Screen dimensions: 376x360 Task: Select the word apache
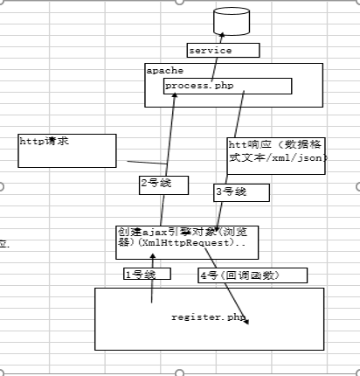pyautogui.click(x=163, y=69)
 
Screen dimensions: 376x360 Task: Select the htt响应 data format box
pyautogui.click(x=276, y=156)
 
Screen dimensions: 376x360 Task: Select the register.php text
pyautogui.click(x=210, y=316)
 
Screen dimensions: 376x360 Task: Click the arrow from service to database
pyautogui.click(x=221, y=38)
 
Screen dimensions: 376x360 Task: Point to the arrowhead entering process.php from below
pyautogui.click(x=176, y=96)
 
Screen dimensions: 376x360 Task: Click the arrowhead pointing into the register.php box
pyautogui.click(x=248, y=323)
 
